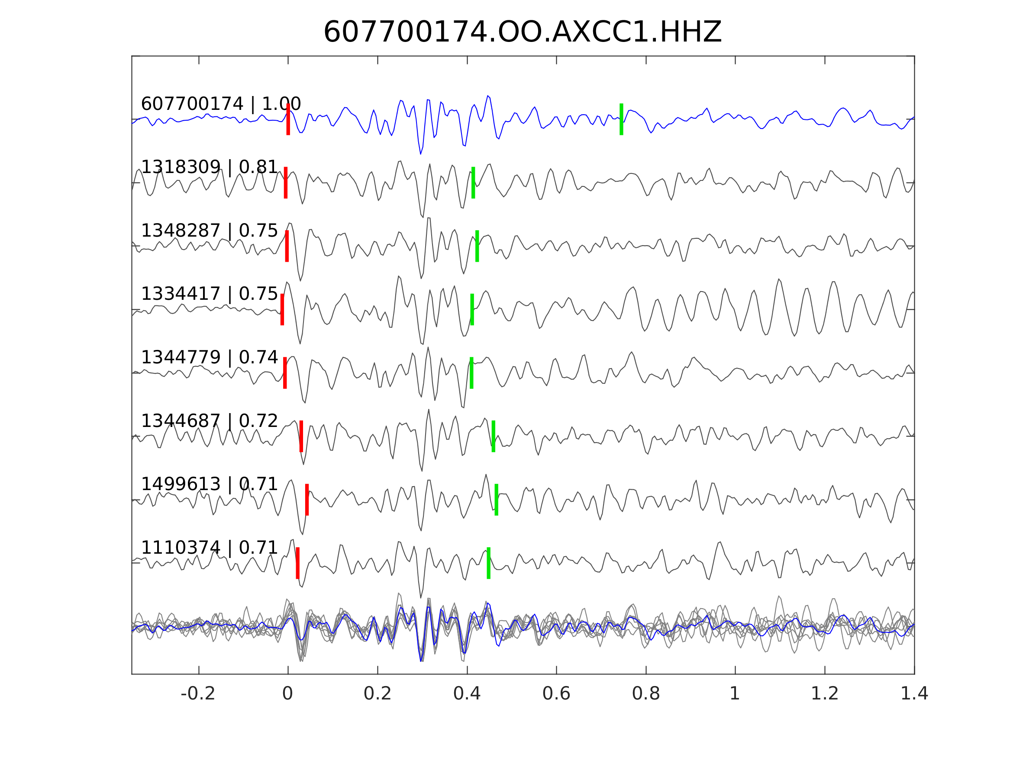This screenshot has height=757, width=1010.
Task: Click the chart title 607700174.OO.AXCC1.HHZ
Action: point(522,32)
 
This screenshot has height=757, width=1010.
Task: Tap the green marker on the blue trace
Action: point(621,119)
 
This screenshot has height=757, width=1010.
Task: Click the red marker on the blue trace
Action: point(288,119)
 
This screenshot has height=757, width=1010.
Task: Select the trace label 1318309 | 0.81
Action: point(209,167)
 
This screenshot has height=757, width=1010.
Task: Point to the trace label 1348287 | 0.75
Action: point(209,231)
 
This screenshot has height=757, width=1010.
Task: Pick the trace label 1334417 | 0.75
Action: point(209,294)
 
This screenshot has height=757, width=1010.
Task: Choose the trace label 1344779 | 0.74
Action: point(209,357)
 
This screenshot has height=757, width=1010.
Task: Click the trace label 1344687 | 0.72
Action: point(209,421)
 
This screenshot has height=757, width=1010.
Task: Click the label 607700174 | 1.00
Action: point(220,104)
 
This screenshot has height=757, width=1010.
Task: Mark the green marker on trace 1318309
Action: point(473,183)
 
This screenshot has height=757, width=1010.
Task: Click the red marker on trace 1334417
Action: point(282,309)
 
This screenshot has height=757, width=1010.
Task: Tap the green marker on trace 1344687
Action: point(493,436)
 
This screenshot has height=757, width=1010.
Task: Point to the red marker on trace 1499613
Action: point(307,500)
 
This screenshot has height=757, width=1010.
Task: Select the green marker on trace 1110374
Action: point(488,563)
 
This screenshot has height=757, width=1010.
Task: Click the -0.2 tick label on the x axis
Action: point(198,694)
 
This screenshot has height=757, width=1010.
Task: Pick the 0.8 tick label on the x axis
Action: point(645,694)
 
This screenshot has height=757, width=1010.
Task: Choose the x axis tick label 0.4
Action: point(467,694)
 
